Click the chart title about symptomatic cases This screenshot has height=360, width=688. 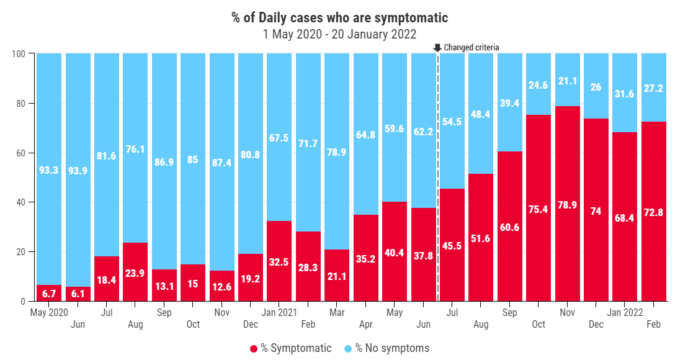[x=340, y=18]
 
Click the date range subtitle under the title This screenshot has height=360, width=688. [x=340, y=34]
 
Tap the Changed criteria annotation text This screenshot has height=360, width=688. [x=471, y=47]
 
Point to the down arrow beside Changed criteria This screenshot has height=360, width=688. [x=437, y=47]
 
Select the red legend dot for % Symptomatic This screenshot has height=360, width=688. [x=253, y=349]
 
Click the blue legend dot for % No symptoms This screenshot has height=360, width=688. [x=347, y=349]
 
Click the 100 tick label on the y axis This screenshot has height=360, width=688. [x=19, y=54]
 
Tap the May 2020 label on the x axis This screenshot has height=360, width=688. [x=48, y=312]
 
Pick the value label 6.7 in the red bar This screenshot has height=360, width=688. [x=48, y=293]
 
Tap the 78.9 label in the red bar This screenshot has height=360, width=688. [x=567, y=204]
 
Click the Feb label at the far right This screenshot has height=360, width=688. [x=653, y=325]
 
